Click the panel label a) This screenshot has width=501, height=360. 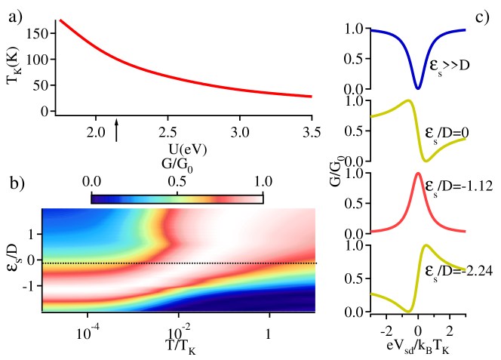(x=16, y=16)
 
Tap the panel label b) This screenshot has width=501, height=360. (x=17, y=183)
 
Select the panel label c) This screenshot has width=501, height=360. (x=482, y=16)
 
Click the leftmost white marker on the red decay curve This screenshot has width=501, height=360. (x=60, y=20)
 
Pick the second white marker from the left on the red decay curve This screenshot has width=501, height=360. (x=95, y=48)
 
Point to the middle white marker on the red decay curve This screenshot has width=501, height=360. (x=168, y=76)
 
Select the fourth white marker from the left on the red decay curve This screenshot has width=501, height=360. (x=240, y=90)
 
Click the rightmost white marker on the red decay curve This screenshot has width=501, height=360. (x=312, y=97)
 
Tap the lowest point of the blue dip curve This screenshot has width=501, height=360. (x=417, y=88)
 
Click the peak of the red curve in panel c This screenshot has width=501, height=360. (x=418, y=175)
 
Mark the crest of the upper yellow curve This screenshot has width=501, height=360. (x=409, y=100)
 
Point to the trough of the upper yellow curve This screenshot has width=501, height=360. (x=426, y=160)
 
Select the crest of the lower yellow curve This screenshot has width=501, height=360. (x=426, y=245)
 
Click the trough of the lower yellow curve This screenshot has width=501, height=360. (x=408, y=311)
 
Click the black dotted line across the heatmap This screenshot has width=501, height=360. (x=179, y=263)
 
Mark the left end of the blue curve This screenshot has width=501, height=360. (x=372, y=32)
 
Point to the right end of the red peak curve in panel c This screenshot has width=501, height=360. (x=464, y=228)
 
